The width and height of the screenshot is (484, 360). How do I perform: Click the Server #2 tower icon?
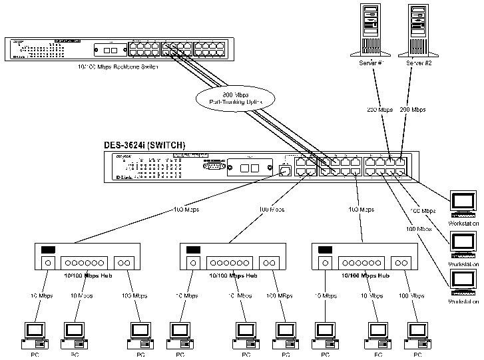coord(417,30)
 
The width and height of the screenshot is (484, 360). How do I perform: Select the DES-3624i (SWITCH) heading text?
coord(144,145)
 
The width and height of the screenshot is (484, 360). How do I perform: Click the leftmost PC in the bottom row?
coord(33,335)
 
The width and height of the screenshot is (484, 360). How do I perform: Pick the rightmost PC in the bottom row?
coord(417,335)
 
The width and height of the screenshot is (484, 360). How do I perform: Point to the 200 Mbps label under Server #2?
coord(413,109)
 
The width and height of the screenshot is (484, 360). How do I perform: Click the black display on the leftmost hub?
coord(47,250)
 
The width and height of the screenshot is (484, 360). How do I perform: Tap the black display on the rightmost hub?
coord(325,250)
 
